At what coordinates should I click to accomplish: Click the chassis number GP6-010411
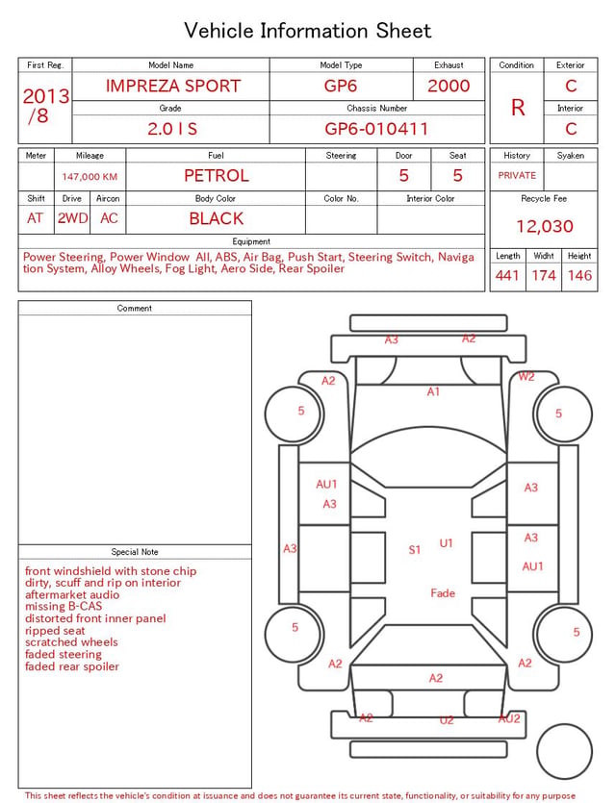coord(376,129)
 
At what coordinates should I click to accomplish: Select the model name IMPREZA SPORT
coord(173,86)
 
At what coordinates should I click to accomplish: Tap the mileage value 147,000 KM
coord(90,177)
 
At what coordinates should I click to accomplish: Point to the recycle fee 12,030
coord(544,226)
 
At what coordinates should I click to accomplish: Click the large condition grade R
coord(518,108)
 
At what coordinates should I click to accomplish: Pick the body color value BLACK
coord(217,218)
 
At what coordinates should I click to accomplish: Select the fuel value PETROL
coord(217,176)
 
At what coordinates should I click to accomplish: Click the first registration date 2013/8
coord(45,106)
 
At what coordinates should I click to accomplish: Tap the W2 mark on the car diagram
coord(526,376)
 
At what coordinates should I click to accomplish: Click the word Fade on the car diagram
coord(443,593)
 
